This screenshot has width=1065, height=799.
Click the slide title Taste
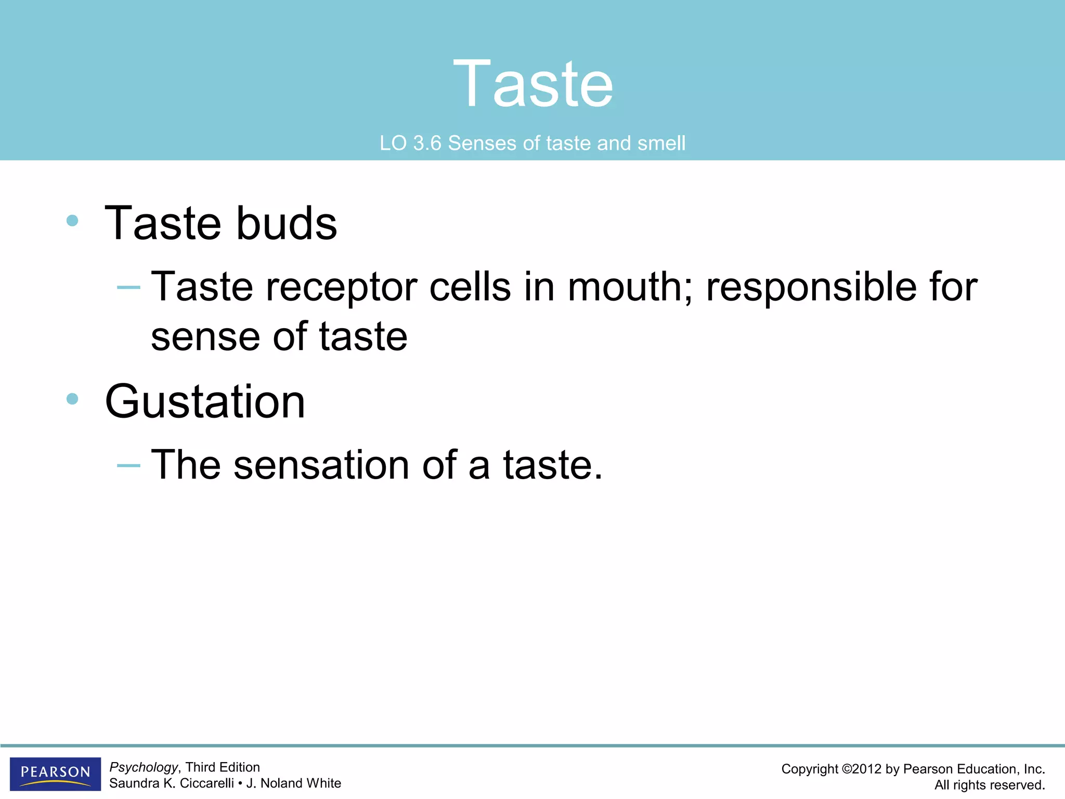[532, 84]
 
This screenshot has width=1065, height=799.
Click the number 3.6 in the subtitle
[427, 143]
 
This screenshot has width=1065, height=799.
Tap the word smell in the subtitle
[661, 143]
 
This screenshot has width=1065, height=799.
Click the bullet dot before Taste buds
[72, 221]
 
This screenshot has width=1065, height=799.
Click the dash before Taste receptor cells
[128, 287]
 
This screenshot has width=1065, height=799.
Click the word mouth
[630, 287]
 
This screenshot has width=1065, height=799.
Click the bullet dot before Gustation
[72, 399]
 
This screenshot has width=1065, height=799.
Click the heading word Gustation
[205, 402]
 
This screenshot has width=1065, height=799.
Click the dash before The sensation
[128, 465]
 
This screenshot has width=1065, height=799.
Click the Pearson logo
[55, 774]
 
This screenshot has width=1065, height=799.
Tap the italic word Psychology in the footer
[144, 767]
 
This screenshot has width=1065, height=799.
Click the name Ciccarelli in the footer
[206, 783]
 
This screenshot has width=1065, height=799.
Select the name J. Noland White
[293, 783]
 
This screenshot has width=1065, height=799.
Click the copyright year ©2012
[861, 769]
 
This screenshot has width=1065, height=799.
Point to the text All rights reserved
[989, 785]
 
